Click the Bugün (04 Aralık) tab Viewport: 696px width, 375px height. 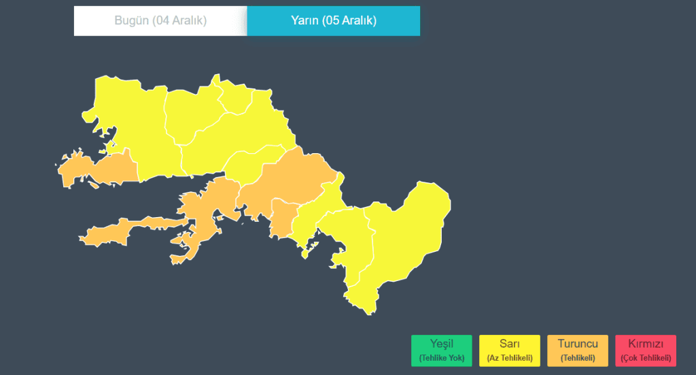pyautogui.click(x=160, y=20)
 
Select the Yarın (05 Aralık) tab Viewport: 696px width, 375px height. pyautogui.click(x=333, y=20)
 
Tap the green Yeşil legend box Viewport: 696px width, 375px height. pyautogui.click(x=441, y=350)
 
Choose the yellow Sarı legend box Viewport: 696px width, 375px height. pyautogui.click(x=509, y=350)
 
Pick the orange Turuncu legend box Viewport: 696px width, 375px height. pyautogui.click(x=577, y=350)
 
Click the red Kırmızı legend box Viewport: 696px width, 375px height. pyautogui.click(x=645, y=350)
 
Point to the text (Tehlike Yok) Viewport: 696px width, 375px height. pyautogui.click(x=441, y=358)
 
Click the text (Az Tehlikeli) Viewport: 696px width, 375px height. pyautogui.click(x=509, y=358)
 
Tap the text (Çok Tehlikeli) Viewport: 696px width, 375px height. pyautogui.click(x=645, y=358)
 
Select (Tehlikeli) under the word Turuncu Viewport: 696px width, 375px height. pyautogui.click(x=577, y=358)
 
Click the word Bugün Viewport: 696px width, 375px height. pyautogui.click(x=130, y=20)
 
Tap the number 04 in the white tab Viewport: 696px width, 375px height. pyautogui.click(x=161, y=20)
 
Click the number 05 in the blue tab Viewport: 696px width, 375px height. pyautogui.click(x=333, y=20)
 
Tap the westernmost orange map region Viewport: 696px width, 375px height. pyautogui.click(x=102, y=167)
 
